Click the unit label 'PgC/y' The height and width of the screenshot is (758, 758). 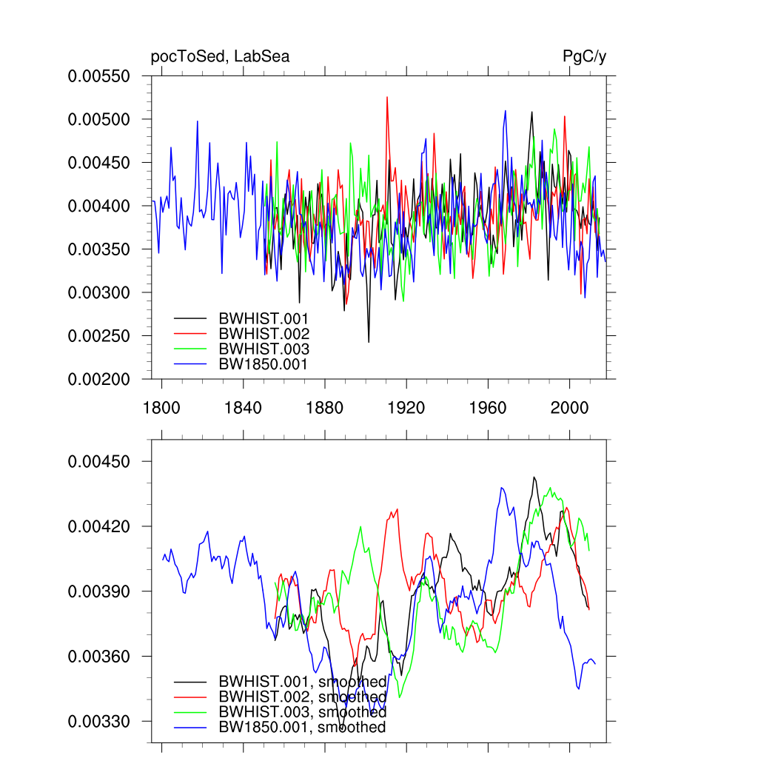pyautogui.click(x=584, y=57)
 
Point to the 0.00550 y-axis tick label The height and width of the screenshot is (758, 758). pyautogui.click(x=99, y=76)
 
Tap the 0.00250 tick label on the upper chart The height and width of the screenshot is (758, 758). pyautogui.click(x=99, y=336)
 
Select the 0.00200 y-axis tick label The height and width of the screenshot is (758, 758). pyautogui.click(x=99, y=380)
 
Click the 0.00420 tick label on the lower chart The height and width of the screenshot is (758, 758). pyautogui.click(x=99, y=527)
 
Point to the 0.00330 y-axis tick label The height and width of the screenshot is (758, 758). pyautogui.click(x=99, y=722)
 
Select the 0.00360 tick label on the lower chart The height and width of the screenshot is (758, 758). pyautogui.click(x=99, y=657)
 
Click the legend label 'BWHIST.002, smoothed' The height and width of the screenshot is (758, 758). pyautogui.click(x=302, y=697)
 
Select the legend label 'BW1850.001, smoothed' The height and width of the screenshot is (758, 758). pyautogui.click(x=302, y=728)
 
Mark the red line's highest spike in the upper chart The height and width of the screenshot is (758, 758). pyautogui.click(x=386, y=97)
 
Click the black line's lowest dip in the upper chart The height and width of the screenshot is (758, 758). pyautogui.click(x=369, y=341)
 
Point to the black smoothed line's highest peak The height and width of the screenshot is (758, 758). pyautogui.click(x=534, y=477)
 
